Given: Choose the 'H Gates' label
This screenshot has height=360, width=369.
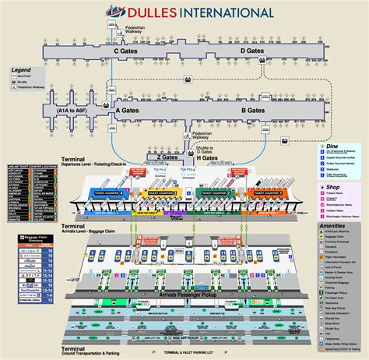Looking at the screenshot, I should tap(207, 158).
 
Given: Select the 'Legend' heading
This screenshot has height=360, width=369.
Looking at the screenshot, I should tap(21, 70).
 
